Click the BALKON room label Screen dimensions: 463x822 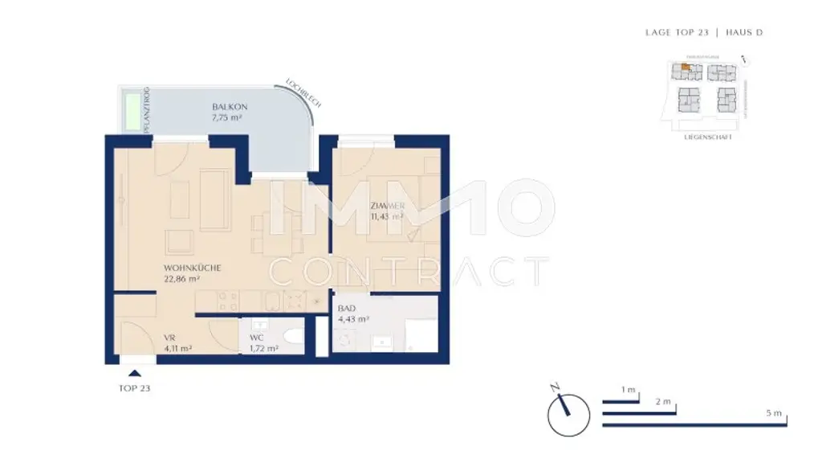point(225,107)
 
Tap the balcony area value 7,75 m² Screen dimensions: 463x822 point(226,118)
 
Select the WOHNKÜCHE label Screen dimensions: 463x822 point(192,268)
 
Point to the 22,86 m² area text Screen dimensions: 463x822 point(181,279)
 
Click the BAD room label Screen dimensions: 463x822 point(348,308)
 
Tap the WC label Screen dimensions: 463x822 point(257,338)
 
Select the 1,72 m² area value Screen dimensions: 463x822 point(263,349)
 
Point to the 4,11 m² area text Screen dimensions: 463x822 point(178,349)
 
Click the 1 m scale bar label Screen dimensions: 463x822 point(629,391)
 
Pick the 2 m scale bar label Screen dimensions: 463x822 point(663,401)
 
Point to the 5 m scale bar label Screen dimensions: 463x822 point(774,413)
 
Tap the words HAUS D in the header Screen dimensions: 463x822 point(744,33)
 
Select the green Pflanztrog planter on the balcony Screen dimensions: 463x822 point(129,111)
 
